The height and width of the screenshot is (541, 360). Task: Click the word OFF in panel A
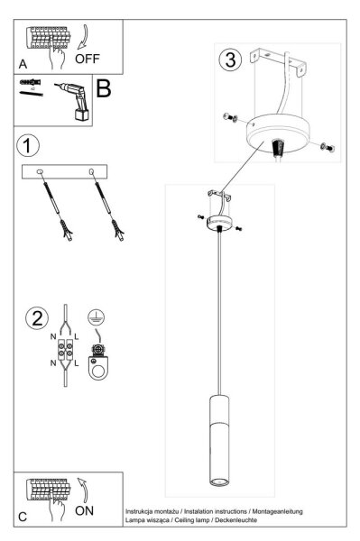click(x=87, y=59)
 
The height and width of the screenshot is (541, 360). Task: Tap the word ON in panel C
click(x=84, y=510)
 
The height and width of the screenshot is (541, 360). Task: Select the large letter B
click(x=104, y=88)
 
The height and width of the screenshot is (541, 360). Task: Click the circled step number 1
click(x=28, y=146)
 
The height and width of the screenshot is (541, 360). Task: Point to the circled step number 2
click(x=37, y=318)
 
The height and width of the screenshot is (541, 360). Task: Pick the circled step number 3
click(x=230, y=60)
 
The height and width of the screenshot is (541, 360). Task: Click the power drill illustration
click(x=72, y=100)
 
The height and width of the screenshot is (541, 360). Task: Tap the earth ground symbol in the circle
click(x=96, y=316)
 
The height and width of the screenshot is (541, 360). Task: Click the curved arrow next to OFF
click(x=84, y=37)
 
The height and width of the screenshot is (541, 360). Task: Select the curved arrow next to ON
click(x=83, y=490)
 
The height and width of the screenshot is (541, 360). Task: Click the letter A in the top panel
click(x=23, y=64)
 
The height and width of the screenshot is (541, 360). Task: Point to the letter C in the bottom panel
click(x=23, y=517)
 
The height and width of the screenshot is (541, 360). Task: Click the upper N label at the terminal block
click(x=53, y=336)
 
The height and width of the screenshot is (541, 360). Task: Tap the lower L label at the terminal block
click(x=77, y=363)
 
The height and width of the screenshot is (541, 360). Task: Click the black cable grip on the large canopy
click(x=278, y=147)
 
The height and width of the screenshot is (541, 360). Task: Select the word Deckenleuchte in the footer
click(x=235, y=520)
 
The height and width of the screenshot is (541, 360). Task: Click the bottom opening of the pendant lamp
click(x=219, y=481)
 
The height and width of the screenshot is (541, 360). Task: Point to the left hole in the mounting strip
click(x=40, y=171)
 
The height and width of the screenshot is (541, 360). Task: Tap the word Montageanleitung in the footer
click(x=278, y=511)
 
